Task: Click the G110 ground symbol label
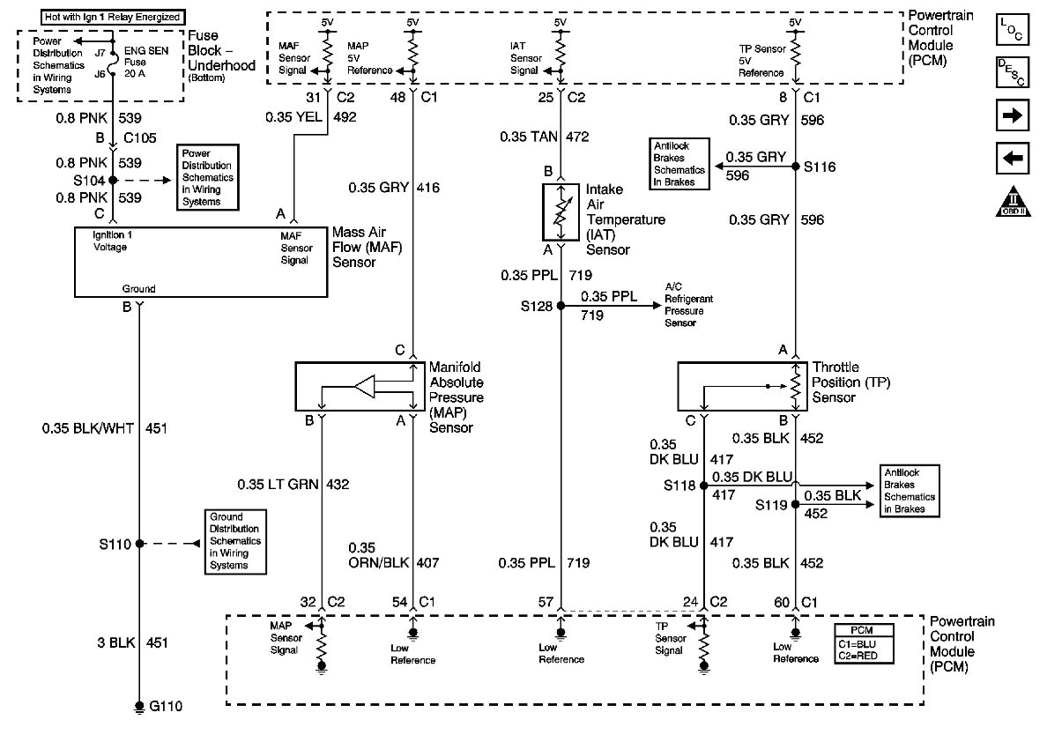tap(165, 706)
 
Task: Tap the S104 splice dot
tap(113, 179)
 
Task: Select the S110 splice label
tap(115, 544)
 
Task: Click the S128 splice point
tap(561, 307)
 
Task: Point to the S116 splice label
tap(819, 166)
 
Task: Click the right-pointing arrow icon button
tap(1012, 115)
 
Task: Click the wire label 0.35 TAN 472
tap(546, 137)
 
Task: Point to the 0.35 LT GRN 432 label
tap(293, 484)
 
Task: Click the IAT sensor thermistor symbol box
tap(561, 211)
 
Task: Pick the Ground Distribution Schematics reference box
tap(234, 541)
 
